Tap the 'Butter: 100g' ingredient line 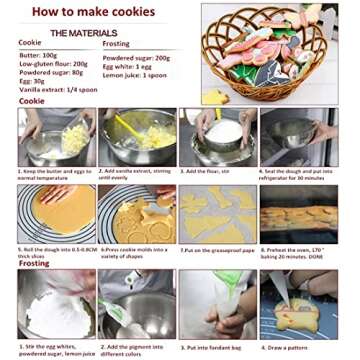pos(39,55)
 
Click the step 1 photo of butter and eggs pos(56,137)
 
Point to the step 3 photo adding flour pos(217,137)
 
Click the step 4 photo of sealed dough pos(299,137)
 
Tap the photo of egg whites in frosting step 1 pos(56,303)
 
